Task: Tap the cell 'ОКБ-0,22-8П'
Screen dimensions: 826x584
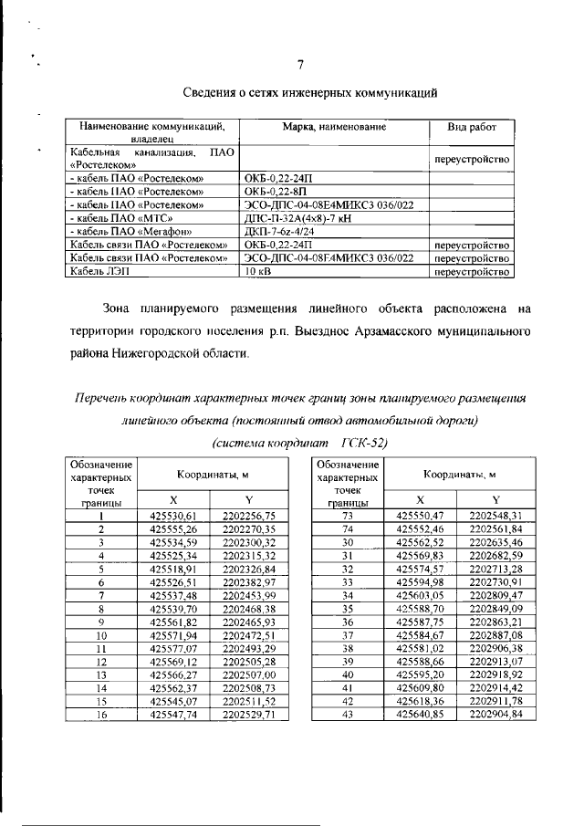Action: click(x=277, y=193)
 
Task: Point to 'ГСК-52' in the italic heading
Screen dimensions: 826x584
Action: click(x=364, y=443)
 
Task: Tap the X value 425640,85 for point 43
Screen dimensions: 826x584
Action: click(x=420, y=715)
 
